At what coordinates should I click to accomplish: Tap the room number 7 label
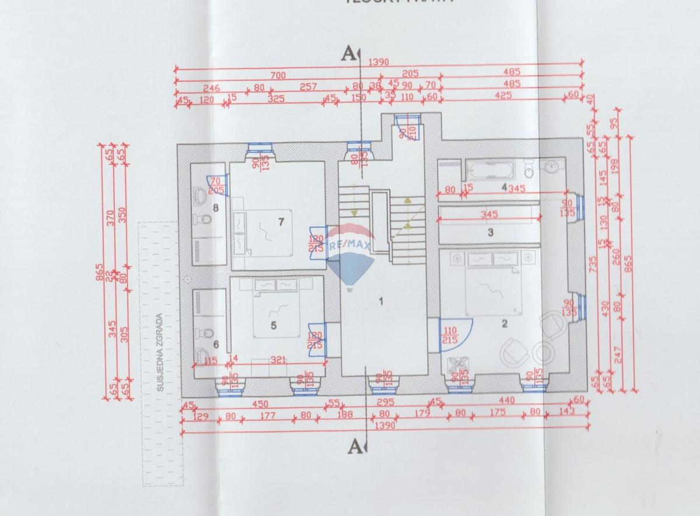pos(281,222)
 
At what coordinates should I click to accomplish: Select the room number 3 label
pos(491,232)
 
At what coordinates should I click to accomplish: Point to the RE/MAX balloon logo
pos(349,257)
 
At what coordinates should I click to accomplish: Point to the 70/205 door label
pos(216,185)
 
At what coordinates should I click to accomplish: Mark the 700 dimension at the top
pos(278,75)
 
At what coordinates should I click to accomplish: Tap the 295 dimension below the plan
pos(386,402)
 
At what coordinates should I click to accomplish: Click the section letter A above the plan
pos(348,54)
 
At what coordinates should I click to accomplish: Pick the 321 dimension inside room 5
pos(278,360)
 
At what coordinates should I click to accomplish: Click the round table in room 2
pos(542,353)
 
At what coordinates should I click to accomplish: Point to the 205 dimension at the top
pos(410,73)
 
